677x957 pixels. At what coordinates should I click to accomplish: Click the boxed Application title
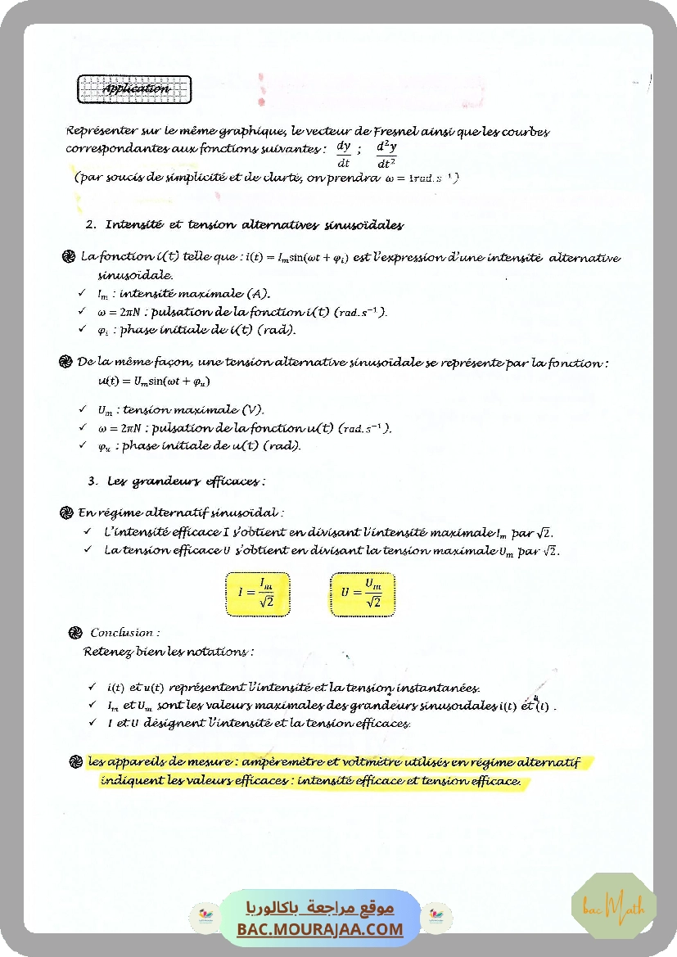click(135, 89)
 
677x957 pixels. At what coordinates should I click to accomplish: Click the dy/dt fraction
click(344, 154)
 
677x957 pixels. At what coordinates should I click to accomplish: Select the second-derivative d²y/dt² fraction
click(386, 154)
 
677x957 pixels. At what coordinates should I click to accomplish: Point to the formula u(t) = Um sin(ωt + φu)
click(148, 381)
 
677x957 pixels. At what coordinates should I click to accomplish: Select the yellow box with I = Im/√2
click(257, 594)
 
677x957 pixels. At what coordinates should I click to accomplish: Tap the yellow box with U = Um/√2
click(363, 594)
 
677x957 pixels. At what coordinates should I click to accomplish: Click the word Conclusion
click(124, 633)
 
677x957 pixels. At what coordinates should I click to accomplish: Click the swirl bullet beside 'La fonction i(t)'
click(69, 258)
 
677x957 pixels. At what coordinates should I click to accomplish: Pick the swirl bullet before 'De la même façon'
click(66, 362)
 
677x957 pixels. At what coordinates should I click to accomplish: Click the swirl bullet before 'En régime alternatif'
click(66, 513)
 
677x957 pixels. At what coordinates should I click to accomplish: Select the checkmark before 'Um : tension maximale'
click(83, 409)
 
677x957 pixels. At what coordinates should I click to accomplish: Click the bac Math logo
click(614, 906)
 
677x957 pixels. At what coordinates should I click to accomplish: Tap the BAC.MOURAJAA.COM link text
click(320, 929)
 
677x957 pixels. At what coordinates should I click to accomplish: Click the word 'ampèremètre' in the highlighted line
click(278, 762)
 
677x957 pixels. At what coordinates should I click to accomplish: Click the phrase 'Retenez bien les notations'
click(169, 652)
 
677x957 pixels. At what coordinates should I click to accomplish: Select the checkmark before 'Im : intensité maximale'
click(83, 293)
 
